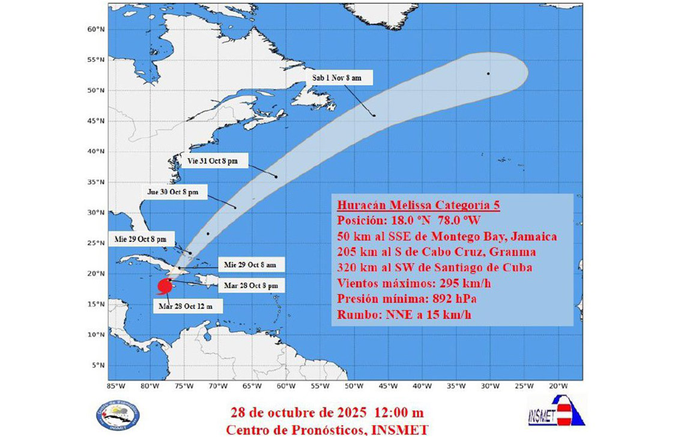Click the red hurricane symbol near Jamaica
163,287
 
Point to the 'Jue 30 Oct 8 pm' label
177,193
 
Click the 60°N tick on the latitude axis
97,29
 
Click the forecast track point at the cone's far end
488,74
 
